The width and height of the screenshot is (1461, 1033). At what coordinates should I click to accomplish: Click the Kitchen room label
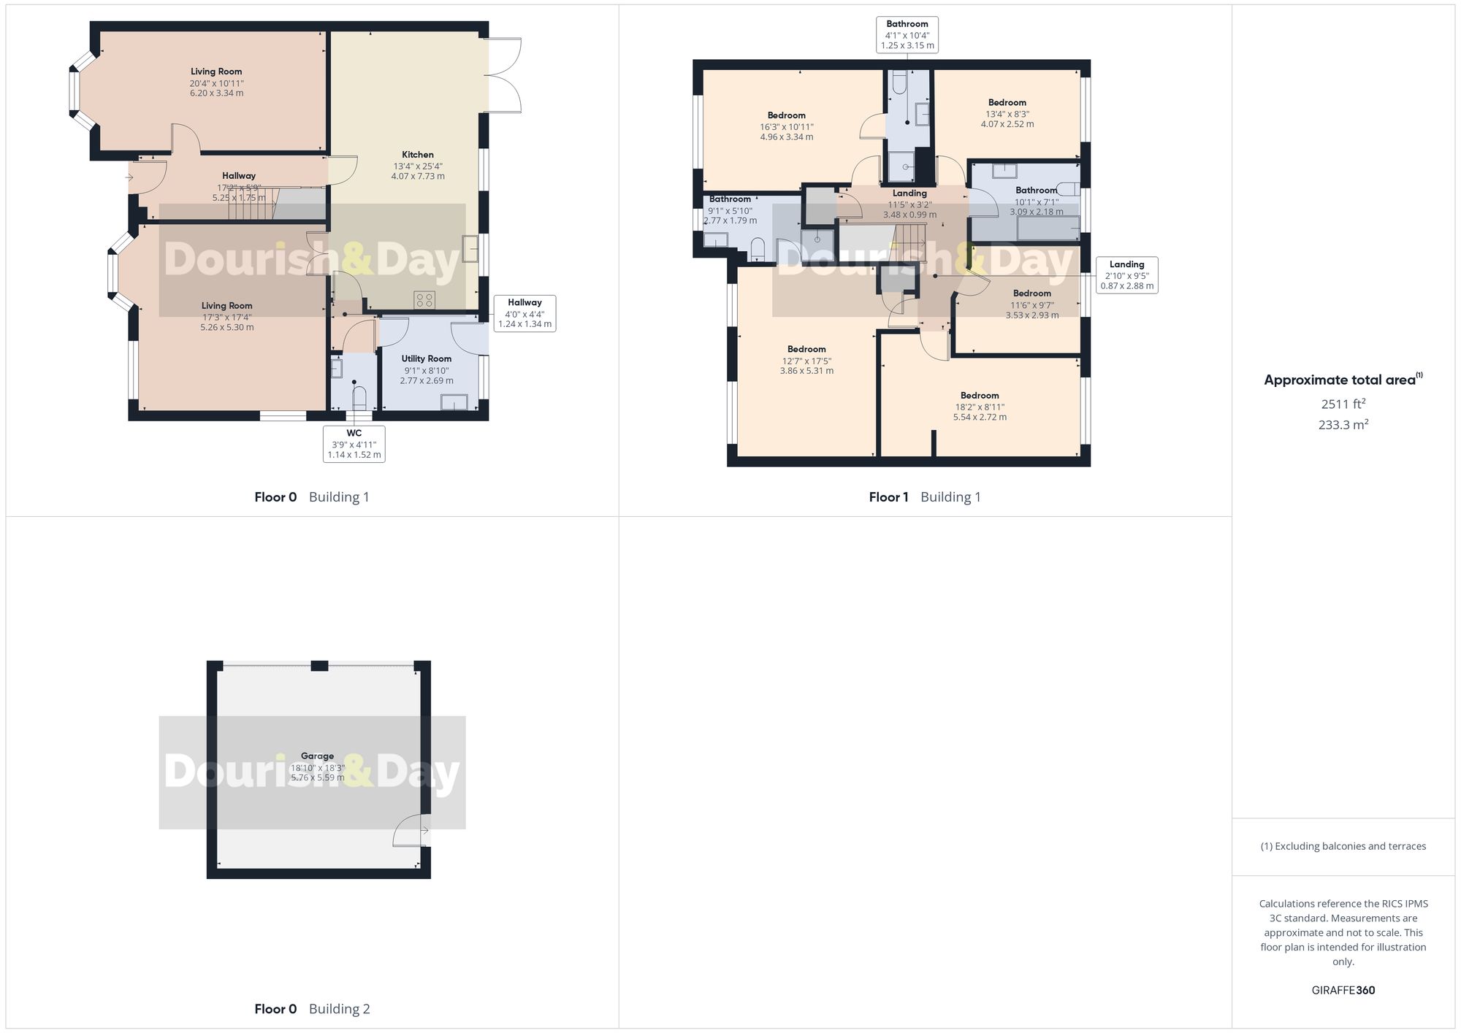pos(417,155)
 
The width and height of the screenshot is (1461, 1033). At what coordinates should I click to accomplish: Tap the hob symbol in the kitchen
pos(424,299)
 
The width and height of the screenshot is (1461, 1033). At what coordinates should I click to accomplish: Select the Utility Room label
pos(426,358)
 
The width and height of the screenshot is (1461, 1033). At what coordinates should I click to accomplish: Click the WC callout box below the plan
pos(354,444)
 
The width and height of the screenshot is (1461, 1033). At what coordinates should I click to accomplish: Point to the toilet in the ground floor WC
pos(359,399)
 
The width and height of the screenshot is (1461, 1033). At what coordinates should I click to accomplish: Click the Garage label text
pos(317,756)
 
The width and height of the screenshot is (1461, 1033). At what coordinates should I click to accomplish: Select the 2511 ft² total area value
pos(1343,404)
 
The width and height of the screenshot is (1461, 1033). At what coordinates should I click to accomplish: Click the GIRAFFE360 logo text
pos(1343,990)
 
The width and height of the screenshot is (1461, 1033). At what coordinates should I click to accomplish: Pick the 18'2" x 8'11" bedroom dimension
pos(979,407)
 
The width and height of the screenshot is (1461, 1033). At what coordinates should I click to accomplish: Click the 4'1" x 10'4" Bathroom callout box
pos(907,34)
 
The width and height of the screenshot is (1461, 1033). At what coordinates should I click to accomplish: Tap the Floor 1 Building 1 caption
pos(924,497)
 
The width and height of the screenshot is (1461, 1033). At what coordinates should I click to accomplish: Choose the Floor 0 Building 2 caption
pos(312,1009)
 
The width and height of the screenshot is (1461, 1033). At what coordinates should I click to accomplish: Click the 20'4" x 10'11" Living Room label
pos(216,72)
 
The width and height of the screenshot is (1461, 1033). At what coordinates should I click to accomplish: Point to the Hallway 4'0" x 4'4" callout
pos(524,313)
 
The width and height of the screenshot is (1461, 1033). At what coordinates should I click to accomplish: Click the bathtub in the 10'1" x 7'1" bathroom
pos(1048,229)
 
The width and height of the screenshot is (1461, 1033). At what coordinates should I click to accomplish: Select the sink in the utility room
pos(454,402)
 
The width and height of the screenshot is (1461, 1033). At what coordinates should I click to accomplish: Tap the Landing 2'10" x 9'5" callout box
pos(1126,275)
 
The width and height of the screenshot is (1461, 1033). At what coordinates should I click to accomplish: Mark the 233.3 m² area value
pos(1343,425)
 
